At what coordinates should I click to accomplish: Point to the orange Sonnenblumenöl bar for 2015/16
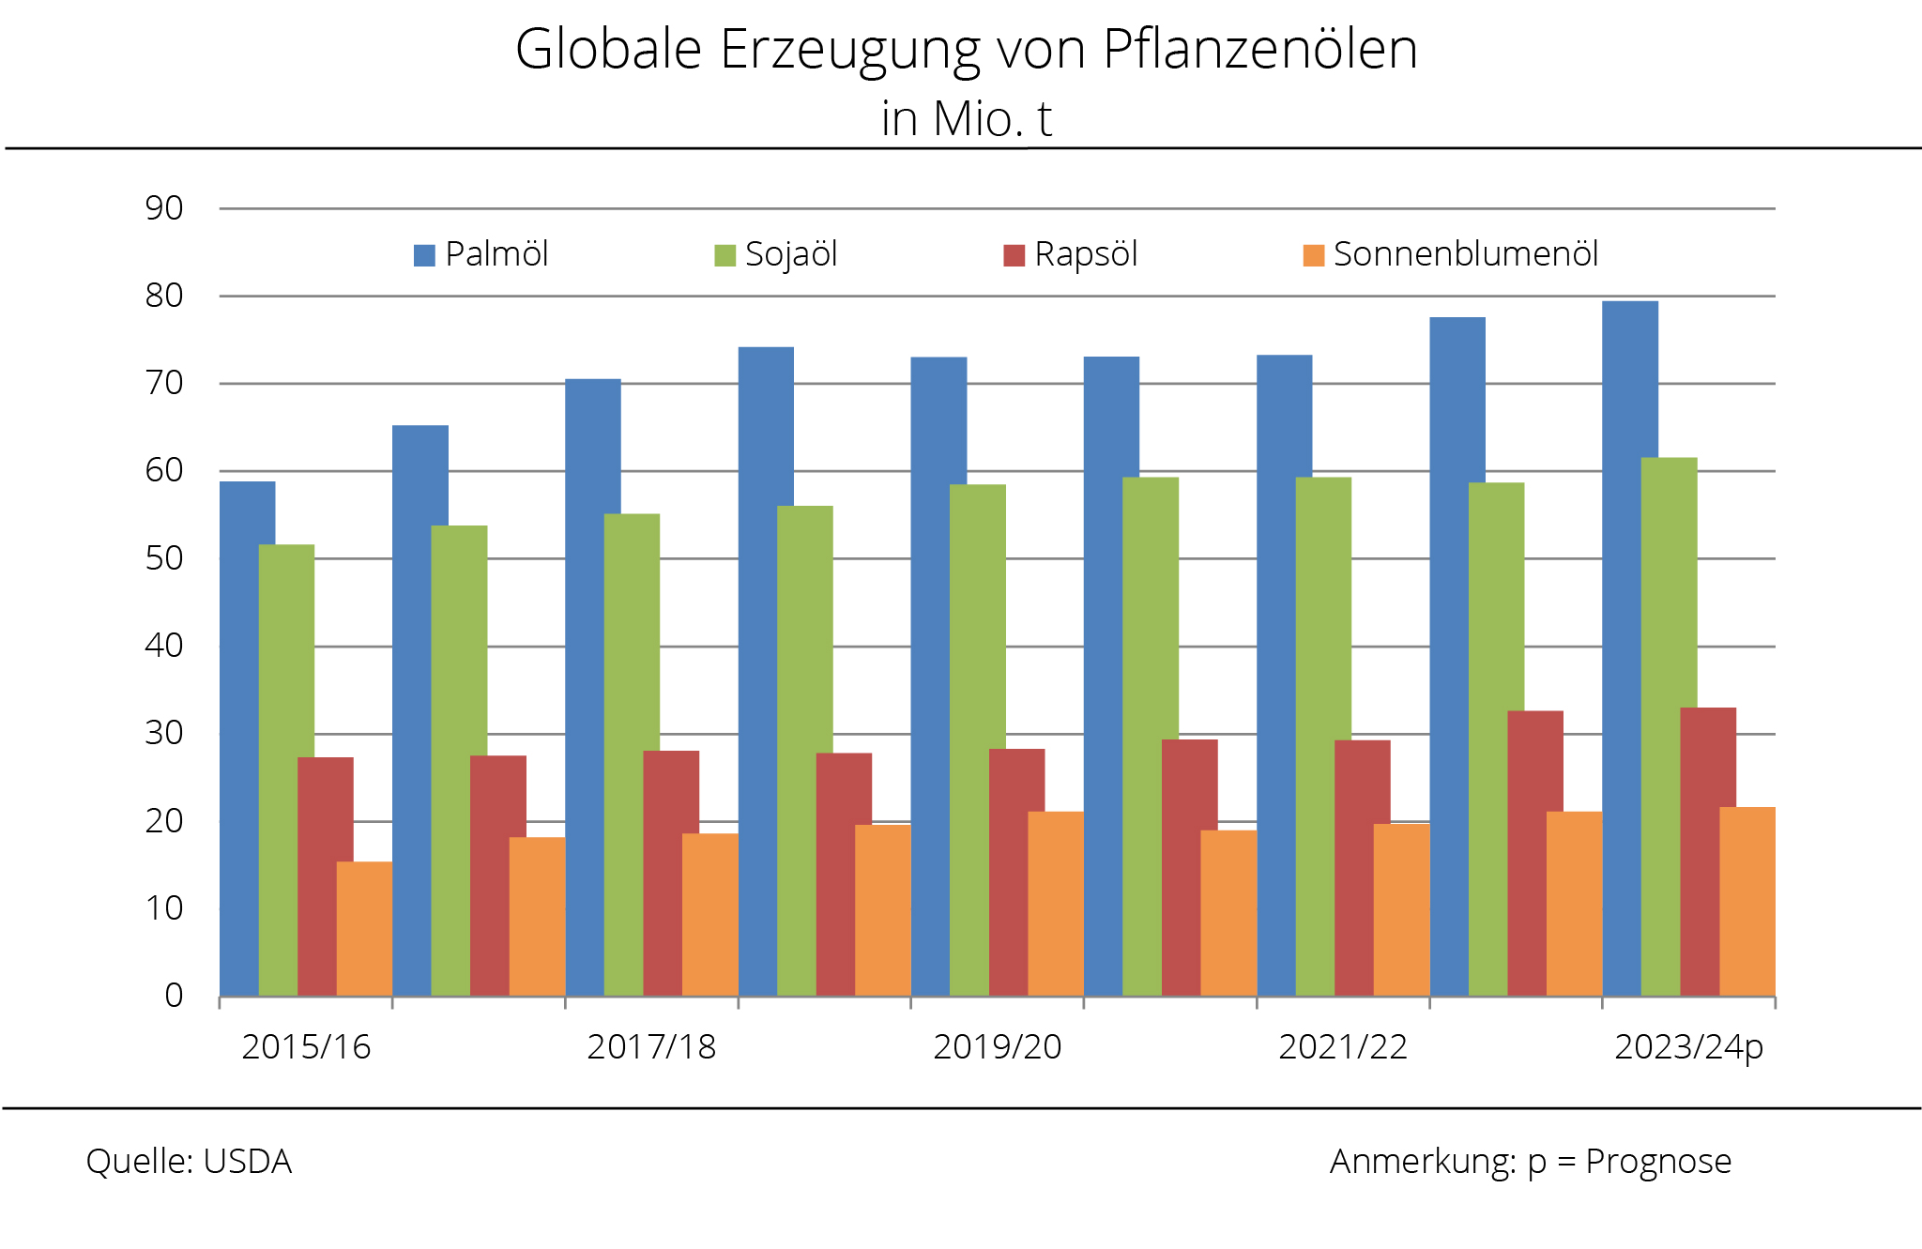[x=364, y=929]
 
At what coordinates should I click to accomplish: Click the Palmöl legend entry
[x=480, y=254]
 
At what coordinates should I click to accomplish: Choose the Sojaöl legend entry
[x=776, y=254]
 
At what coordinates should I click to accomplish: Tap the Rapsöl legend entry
[x=1071, y=254]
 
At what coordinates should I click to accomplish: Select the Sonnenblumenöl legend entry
[x=1451, y=254]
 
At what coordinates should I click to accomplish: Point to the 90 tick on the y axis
[x=164, y=208]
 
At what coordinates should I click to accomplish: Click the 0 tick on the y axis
[x=174, y=996]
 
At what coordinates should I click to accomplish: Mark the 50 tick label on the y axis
[x=164, y=558]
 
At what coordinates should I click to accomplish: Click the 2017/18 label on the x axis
[x=651, y=1047]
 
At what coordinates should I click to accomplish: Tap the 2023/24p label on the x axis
[x=1688, y=1047]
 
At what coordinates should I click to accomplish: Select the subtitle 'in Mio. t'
[x=966, y=119]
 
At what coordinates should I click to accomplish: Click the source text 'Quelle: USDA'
[x=189, y=1162]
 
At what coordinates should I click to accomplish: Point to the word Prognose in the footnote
[x=1658, y=1162]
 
